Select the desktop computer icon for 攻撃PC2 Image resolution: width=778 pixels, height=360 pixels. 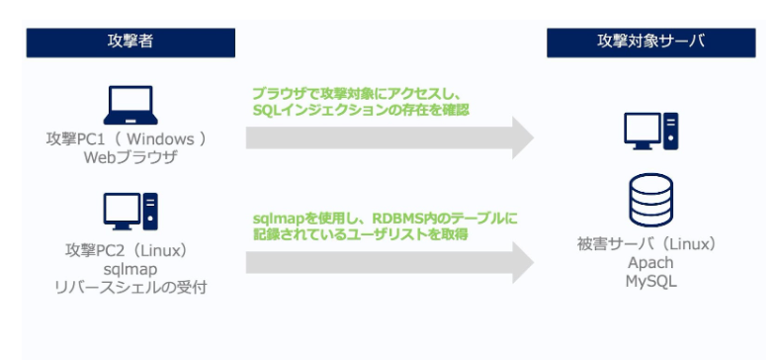(130, 211)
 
